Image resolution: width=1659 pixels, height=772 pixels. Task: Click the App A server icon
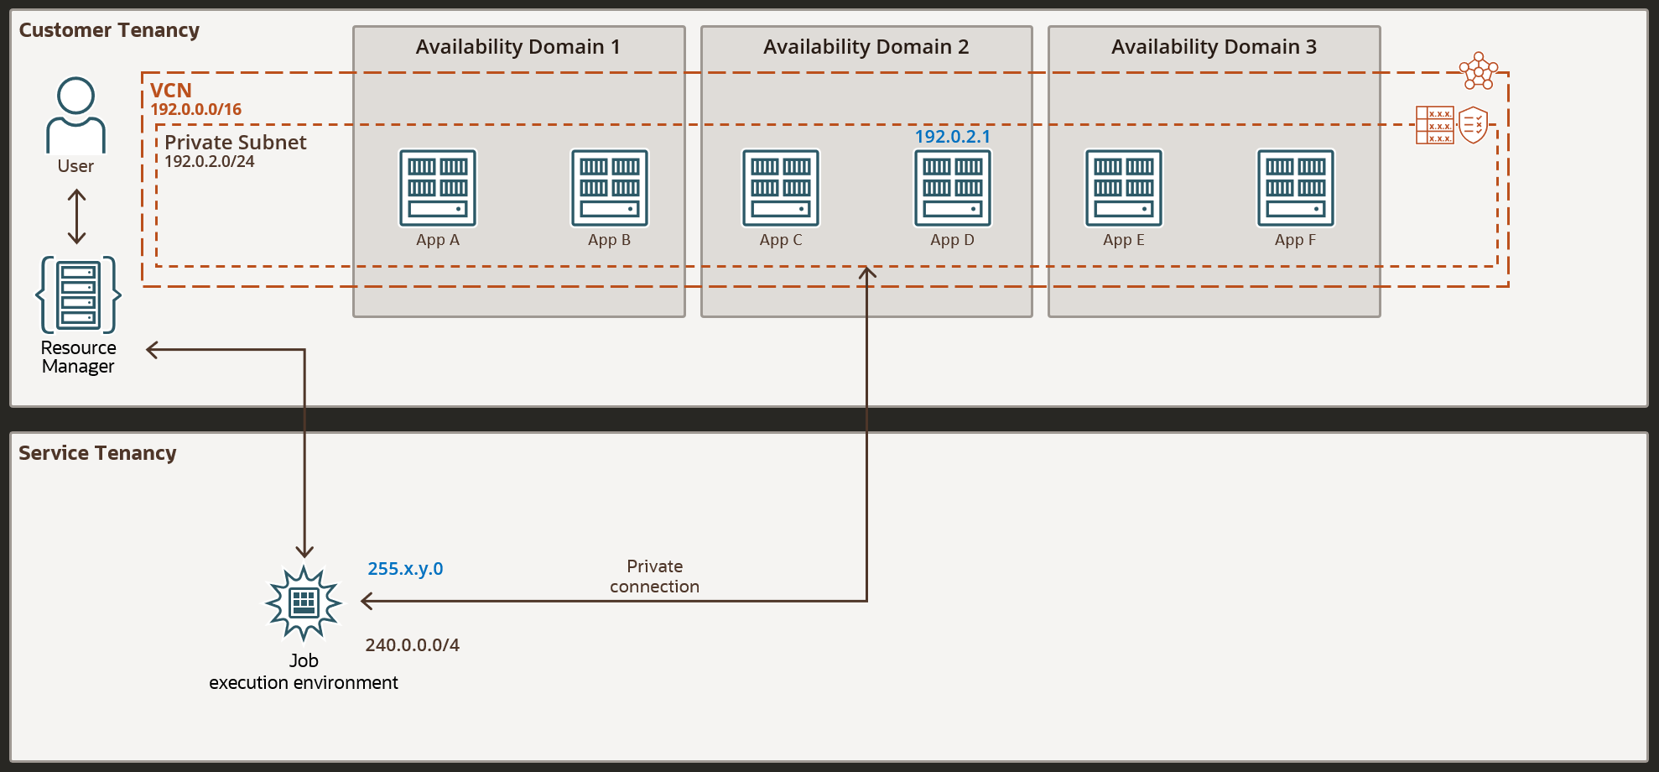(x=438, y=188)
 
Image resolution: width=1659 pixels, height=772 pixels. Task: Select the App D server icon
(x=952, y=188)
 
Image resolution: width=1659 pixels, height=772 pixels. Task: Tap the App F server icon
(x=1295, y=188)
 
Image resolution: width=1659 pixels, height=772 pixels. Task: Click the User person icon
(x=75, y=116)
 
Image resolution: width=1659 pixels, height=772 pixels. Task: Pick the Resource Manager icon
(x=78, y=295)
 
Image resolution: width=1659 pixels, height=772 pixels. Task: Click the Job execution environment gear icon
(x=304, y=603)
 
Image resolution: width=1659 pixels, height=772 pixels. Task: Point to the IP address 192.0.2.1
(x=952, y=137)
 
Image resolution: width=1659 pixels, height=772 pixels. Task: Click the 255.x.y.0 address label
(x=405, y=569)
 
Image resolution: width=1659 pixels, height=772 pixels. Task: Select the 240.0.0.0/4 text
(x=412, y=645)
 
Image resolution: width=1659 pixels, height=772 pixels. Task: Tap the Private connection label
(x=654, y=576)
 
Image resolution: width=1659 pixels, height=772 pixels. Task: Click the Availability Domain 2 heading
(x=866, y=47)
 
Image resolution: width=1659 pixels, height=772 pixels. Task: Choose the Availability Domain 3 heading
(x=1214, y=47)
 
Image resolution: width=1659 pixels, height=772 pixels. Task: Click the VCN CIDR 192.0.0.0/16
(x=196, y=110)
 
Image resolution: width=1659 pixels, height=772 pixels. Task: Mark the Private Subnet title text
(x=236, y=143)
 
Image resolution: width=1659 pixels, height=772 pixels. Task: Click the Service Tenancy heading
(x=97, y=453)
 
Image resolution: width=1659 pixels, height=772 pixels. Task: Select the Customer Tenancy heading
(x=109, y=30)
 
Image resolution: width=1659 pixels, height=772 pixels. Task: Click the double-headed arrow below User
(x=76, y=216)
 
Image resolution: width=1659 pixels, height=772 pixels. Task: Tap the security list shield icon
(x=1473, y=125)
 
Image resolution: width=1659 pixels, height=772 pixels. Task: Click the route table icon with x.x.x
(x=1434, y=125)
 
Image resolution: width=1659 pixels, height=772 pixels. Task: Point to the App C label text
(x=781, y=240)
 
